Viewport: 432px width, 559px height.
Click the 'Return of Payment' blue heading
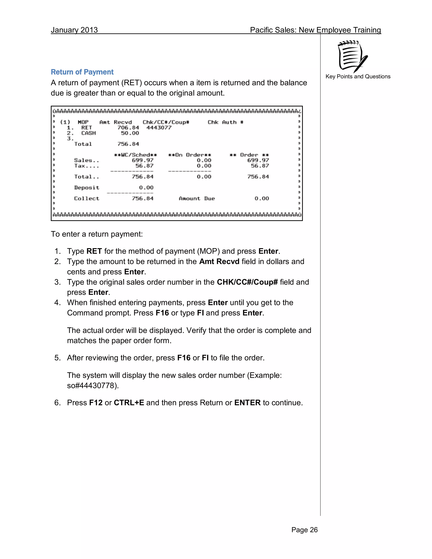[82, 72]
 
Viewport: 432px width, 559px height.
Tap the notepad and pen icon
[352, 57]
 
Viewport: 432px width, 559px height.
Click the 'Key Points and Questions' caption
[358, 77]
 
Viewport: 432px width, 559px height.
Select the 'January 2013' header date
[74, 30]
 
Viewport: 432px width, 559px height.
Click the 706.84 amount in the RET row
[128, 127]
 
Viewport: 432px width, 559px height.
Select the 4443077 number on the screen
[159, 127]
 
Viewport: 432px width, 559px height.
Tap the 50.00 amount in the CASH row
[130, 133]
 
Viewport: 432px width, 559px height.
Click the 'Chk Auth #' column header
[225, 122]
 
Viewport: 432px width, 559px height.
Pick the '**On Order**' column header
[189, 155]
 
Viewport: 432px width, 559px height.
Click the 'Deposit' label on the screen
[86, 188]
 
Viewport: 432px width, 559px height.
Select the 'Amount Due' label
[197, 199]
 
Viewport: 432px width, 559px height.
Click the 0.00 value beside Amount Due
[262, 199]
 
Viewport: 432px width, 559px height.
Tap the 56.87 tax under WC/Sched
[144, 166]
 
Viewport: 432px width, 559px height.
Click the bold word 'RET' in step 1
[94, 251]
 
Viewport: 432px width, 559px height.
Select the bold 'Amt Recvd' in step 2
[219, 262]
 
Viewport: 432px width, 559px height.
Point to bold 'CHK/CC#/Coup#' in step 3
[247, 282]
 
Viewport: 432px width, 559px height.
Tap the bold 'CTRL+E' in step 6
[129, 403]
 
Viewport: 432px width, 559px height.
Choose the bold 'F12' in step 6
[96, 403]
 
